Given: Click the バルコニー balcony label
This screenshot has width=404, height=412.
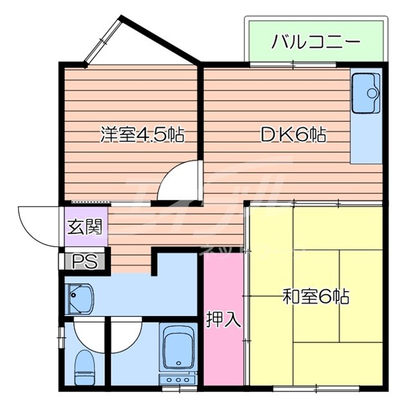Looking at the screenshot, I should point(315,42).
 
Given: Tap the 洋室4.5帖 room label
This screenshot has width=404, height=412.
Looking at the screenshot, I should point(142,135).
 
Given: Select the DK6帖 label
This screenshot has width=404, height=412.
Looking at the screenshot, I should point(293,135).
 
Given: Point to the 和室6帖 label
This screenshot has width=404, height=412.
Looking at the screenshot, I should point(316,297).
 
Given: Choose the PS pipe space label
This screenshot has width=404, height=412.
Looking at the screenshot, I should point(84,261).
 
